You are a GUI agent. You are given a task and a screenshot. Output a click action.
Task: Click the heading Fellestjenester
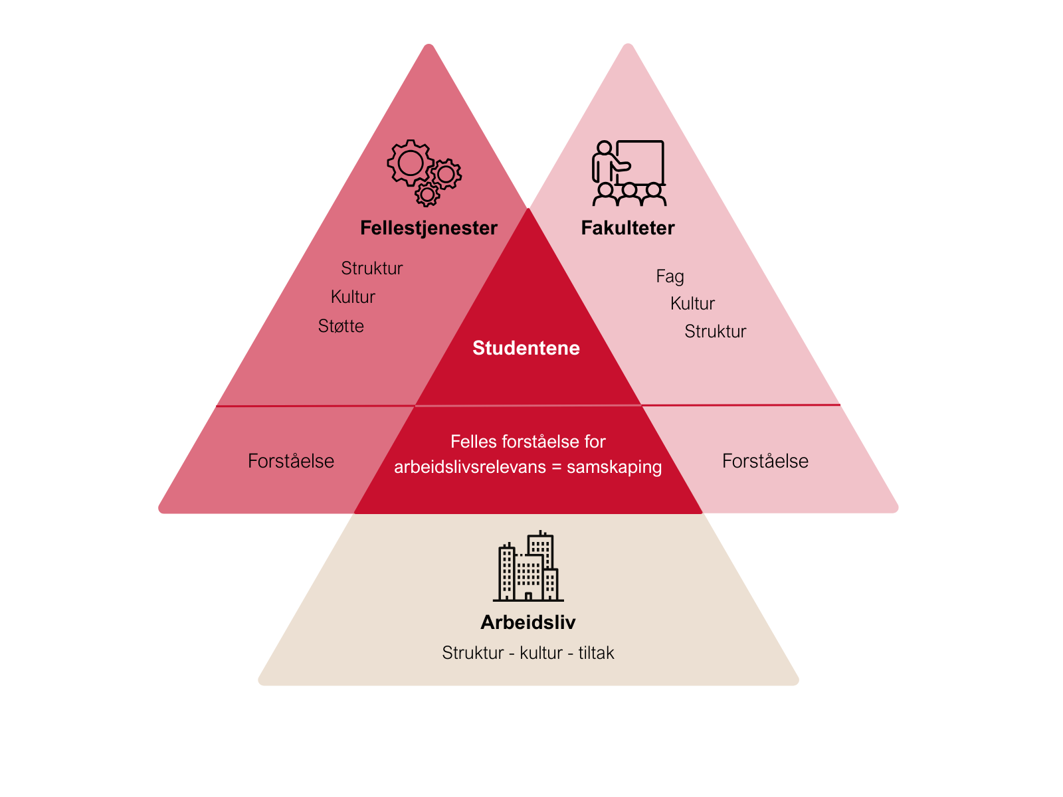(429, 228)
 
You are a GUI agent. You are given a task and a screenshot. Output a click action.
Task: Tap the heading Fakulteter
(628, 228)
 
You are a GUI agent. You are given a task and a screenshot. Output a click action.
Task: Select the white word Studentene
(526, 348)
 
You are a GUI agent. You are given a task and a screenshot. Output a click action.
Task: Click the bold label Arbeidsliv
(528, 622)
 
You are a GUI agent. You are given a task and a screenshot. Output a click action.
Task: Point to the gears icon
(425, 173)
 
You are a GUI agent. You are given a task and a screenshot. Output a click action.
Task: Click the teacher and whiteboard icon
(629, 173)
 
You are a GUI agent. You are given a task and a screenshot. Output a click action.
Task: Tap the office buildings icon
(528, 566)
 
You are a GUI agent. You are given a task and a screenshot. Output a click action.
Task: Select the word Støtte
(340, 326)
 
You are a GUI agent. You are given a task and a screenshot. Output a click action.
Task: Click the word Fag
(670, 276)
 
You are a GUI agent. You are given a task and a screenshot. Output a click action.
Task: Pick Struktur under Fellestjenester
(371, 268)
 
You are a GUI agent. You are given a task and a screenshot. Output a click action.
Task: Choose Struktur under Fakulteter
(715, 331)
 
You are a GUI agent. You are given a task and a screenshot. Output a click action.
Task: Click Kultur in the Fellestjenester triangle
(353, 297)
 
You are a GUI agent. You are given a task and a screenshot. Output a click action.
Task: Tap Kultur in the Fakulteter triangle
(692, 304)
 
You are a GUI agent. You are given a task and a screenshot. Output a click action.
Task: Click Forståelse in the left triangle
(290, 461)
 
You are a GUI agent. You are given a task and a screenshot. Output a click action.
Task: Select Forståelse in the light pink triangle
(765, 461)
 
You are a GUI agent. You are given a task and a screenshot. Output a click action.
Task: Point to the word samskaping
(614, 467)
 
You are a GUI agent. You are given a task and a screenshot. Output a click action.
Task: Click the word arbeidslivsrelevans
(470, 467)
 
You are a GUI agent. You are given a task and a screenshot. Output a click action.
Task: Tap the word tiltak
(596, 653)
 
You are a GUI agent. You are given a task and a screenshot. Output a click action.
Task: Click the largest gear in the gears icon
(410, 163)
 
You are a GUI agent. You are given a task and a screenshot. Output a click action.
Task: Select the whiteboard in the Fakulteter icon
(640, 163)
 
